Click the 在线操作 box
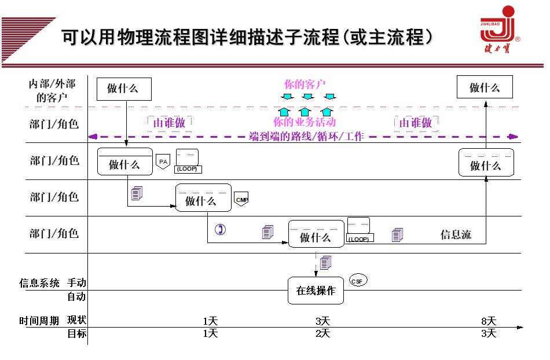[x=316, y=291]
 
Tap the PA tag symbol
[x=163, y=161]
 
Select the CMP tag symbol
[x=241, y=200]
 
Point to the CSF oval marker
[x=358, y=281]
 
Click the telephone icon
[x=220, y=230]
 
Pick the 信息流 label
[x=456, y=234]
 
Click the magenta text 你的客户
[x=306, y=85]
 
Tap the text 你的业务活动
[x=305, y=122]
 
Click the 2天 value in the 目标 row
[x=322, y=333]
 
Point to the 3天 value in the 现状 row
[x=322, y=321]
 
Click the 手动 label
[x=76, y=282]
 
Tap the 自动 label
[x=76, y=296]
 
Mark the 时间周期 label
[x=39, y=321]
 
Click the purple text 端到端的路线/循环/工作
[x=306, y=137]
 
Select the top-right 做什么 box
[x=485, y=87]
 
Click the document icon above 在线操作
[x=326, y=262]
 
